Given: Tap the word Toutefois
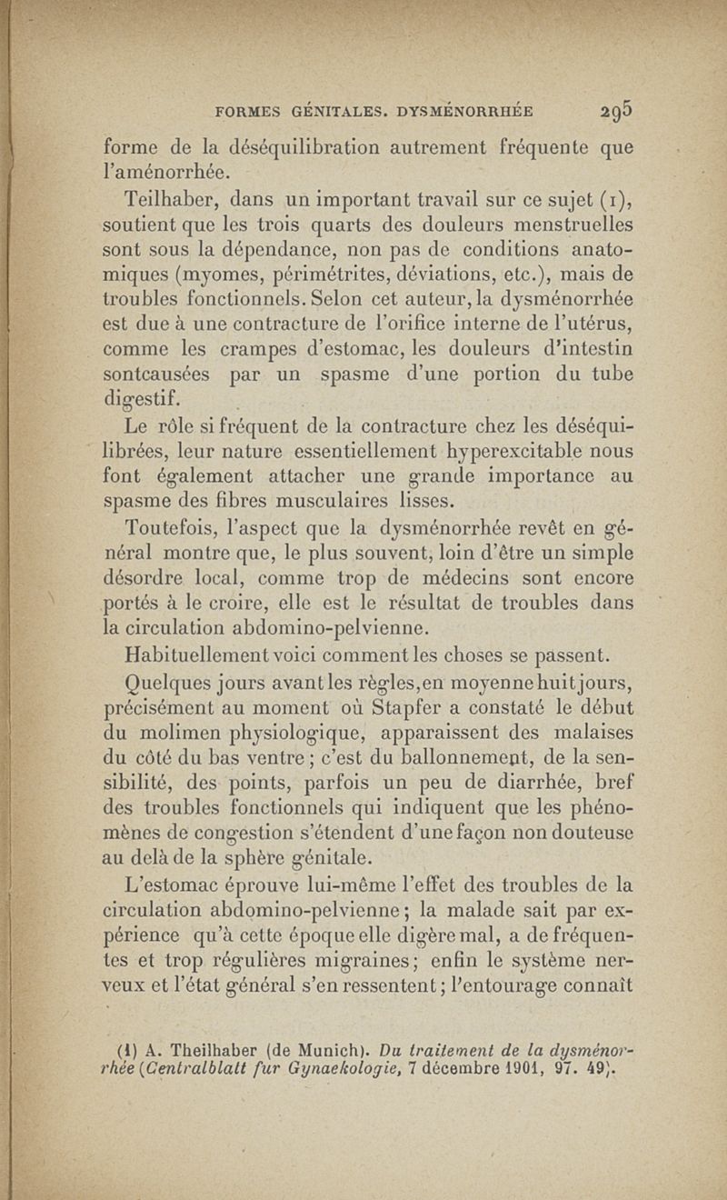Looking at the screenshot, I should tap(176, 527).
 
